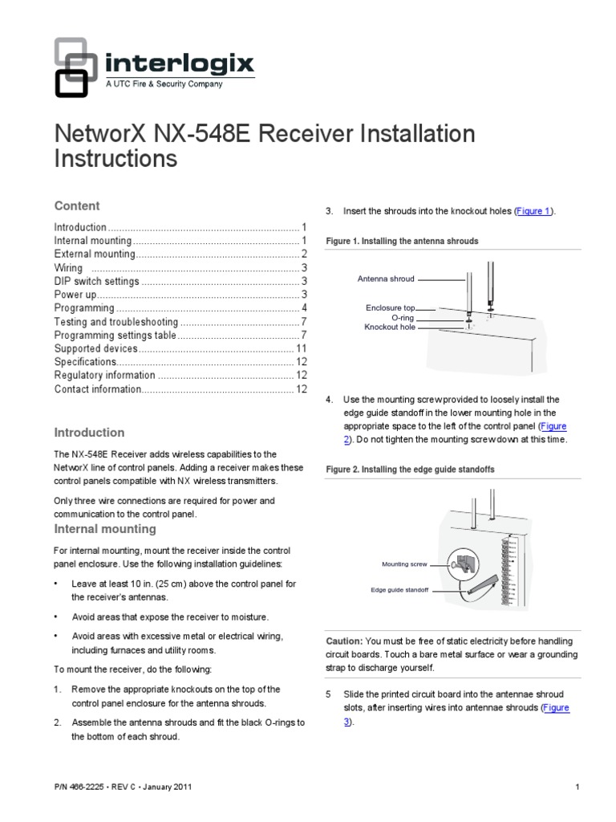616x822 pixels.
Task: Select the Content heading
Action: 76,205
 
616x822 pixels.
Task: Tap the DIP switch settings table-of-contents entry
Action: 96,282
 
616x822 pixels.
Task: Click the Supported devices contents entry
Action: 95,348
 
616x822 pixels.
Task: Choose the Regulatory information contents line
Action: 104,376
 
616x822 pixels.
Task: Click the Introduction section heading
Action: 88,433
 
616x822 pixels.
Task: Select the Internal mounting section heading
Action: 104,529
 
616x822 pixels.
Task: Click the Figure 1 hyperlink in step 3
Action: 533,211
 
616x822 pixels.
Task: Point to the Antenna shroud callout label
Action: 386,279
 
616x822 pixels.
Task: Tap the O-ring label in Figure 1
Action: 402,318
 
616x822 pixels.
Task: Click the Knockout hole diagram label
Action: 390,328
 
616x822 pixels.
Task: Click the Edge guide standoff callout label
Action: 399,590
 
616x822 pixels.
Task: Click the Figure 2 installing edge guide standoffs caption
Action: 409,468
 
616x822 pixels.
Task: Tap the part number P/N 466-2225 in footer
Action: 87,787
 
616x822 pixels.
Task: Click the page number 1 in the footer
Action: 577,787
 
